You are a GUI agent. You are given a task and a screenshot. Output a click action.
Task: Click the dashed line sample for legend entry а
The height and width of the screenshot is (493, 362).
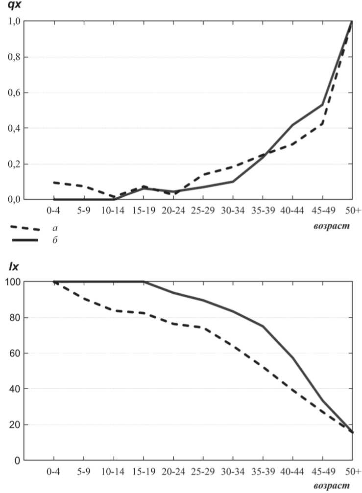pos(24,228)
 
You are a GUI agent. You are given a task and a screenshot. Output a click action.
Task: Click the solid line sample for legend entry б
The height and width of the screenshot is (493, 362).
pos(24,240)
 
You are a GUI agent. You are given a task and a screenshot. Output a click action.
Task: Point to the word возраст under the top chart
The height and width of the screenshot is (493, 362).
pos(332,227)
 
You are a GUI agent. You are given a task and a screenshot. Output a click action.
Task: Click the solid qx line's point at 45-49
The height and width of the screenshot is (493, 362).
pos(322,104)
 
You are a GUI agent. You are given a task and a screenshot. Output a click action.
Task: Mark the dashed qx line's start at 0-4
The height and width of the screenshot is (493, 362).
pos(53,183)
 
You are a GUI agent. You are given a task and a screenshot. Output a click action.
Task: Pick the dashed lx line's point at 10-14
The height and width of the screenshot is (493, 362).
pos(114,310)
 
